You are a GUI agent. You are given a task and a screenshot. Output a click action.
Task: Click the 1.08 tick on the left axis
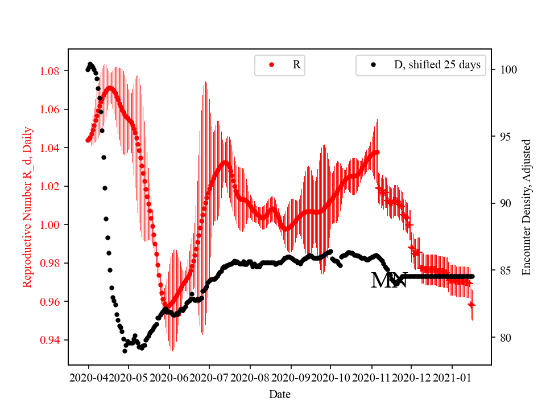(x=52, y=71)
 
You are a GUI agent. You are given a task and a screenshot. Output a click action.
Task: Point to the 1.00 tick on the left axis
(x=52, y=225)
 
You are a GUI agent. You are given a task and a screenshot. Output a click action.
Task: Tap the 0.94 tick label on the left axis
(x=52, y=340)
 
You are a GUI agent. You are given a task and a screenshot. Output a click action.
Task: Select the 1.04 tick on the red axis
(x=52, y=148)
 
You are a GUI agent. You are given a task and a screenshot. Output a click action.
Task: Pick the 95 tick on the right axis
(x=503, y=137)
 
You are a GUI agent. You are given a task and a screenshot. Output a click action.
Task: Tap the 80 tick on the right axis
(x=503, y=338)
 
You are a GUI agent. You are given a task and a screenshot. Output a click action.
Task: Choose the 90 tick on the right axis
(x=503, y=204)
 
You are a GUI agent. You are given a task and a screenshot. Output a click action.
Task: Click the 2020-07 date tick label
(x=209, y=378)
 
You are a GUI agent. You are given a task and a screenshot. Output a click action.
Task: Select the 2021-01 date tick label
(x=452, y=378)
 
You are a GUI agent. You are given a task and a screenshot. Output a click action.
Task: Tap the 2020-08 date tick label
(x=250, y=378)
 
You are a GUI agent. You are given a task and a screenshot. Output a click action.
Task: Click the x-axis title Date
(x=279, y=393)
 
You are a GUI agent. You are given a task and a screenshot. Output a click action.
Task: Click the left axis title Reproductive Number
(x=27, y=207)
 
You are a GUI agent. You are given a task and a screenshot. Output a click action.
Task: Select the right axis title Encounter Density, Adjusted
(x=526, y=207)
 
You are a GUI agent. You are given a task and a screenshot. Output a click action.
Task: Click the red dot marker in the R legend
(x=271, y=65)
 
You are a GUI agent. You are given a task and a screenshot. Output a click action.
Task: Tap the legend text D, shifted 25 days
(x=437, y=65)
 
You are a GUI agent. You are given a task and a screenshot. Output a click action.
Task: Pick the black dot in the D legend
(x=373, y=65)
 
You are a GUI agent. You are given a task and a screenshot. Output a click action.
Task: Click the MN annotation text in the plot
(x=389, y=281)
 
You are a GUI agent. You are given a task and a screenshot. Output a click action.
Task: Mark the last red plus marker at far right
(x=471, y=305)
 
